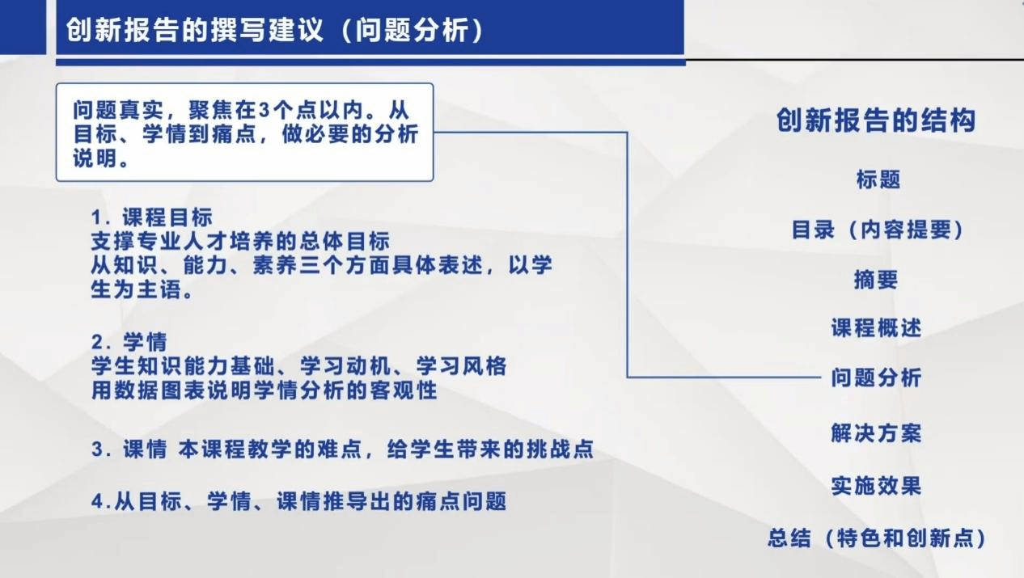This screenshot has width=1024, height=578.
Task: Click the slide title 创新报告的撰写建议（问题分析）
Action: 275,30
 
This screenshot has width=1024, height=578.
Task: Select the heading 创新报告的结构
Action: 876,120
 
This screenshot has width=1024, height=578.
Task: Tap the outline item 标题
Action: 878,179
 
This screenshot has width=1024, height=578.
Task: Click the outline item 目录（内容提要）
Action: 878,230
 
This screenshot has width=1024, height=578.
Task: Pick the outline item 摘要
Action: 876,279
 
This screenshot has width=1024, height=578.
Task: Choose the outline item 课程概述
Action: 876,328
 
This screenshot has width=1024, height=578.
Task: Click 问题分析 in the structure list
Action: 876,378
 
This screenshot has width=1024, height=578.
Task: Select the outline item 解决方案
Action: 876,432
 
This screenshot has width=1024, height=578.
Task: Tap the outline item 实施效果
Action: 876,486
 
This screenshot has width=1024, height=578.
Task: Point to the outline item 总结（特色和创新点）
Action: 877,538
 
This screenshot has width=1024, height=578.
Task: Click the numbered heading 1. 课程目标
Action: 152,217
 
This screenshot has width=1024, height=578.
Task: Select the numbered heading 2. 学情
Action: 129,342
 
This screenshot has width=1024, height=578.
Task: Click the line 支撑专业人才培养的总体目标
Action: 240,241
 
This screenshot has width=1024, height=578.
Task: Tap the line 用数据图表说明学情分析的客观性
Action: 264,390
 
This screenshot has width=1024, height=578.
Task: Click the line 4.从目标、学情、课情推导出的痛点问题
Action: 299,501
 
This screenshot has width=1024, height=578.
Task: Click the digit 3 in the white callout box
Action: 264,110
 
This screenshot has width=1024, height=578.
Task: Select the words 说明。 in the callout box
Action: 101,158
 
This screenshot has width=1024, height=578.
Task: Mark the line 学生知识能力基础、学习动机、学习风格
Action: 299,366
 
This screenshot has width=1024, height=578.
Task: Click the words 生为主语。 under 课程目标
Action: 142,289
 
